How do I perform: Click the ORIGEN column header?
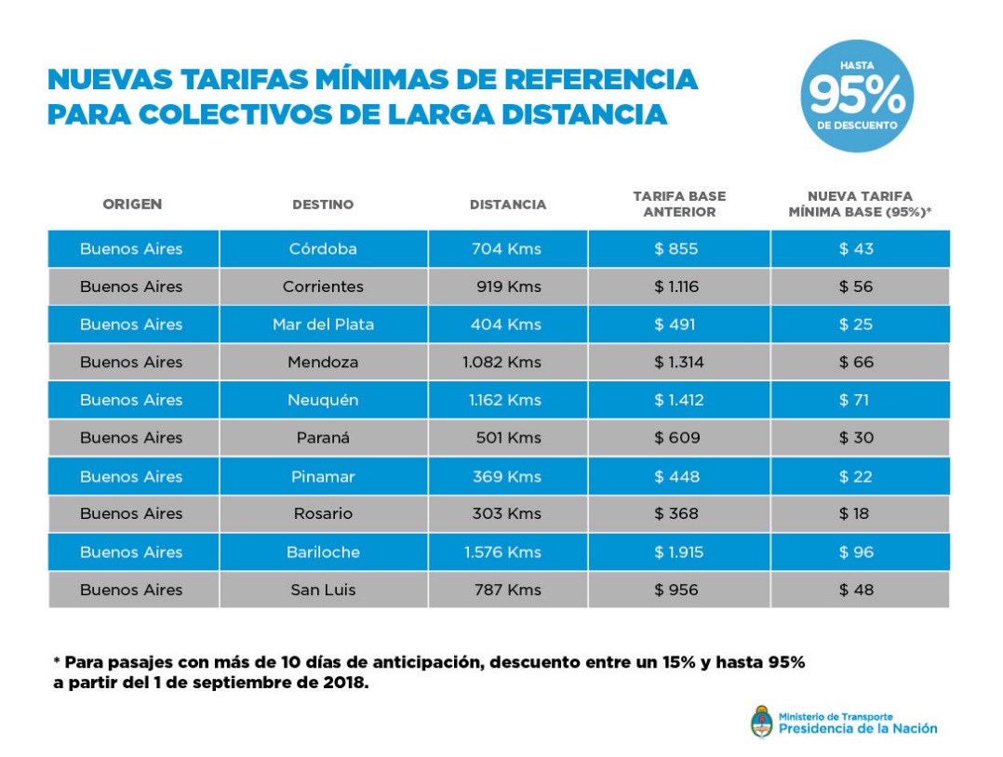click(132, 205)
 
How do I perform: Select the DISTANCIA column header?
click(508, 205)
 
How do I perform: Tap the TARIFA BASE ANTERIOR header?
click(679, 205)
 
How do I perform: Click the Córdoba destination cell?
click(323, 249)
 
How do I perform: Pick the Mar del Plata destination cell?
click(323, 325)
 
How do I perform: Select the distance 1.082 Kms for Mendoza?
click(501, 363)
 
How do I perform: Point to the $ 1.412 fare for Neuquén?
click(678, 401)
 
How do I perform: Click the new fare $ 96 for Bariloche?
click(856, 552)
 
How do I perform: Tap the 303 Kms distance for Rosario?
click(507, 514)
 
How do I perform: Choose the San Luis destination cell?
click(323, 591)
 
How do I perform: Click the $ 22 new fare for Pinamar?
click(856, 477)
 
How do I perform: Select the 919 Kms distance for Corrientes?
click(508, 287)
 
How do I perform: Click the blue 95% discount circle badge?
click(856, 96)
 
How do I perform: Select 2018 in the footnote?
click(348, 684)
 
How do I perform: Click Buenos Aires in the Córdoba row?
click(132, 249)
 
